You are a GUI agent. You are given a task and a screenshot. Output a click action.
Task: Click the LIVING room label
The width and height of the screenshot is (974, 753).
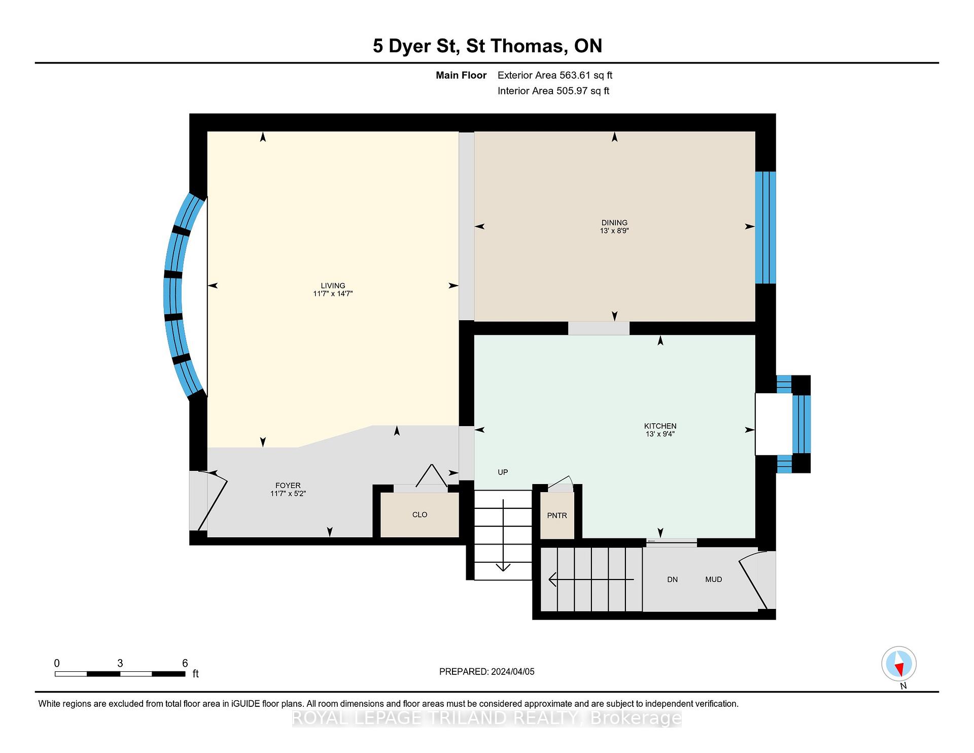pos(333,286)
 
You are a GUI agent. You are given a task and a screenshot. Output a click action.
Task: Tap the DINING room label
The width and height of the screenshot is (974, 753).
pos(614,223)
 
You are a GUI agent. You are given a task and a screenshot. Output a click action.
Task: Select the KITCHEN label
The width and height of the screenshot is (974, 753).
pos(660,426)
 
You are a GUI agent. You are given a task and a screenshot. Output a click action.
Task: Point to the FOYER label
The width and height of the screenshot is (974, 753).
pos(288,486)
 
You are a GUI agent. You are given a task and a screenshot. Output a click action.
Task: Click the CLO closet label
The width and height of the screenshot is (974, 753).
pos(420,515)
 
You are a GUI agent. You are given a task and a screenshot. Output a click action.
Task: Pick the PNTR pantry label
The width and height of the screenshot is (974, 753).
pos(557,516)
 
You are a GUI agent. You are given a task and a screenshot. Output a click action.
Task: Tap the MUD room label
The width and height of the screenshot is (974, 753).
pos(713,579)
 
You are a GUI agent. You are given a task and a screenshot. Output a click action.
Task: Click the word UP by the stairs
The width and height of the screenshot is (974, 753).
pos(503,472)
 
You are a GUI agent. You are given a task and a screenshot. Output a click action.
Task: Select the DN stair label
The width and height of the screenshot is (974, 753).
pos(672,579)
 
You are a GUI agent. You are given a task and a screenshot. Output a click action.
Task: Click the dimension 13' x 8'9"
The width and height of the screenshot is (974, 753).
pos(614,231)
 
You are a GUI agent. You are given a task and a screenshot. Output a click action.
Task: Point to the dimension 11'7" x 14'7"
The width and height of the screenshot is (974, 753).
pos(333,294)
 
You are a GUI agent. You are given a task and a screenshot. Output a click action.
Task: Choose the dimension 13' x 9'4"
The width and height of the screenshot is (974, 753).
pos(660,434)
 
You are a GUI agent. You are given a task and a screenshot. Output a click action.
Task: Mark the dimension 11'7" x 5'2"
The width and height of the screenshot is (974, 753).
pos(288,494)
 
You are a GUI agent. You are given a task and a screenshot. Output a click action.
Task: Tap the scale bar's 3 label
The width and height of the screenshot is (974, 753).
pos(120,663)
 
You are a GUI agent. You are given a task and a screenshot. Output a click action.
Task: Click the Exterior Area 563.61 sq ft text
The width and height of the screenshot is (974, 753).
pos(555,76)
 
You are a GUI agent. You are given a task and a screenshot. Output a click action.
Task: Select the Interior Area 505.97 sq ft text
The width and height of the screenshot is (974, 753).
pos(553,91)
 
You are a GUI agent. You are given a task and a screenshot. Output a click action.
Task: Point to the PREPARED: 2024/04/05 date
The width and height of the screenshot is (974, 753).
pos(487,672)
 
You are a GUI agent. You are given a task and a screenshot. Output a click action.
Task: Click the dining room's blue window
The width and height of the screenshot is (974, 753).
pos(766,227)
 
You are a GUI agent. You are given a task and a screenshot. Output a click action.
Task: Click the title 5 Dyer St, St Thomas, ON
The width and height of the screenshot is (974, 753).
pos(488,46)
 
